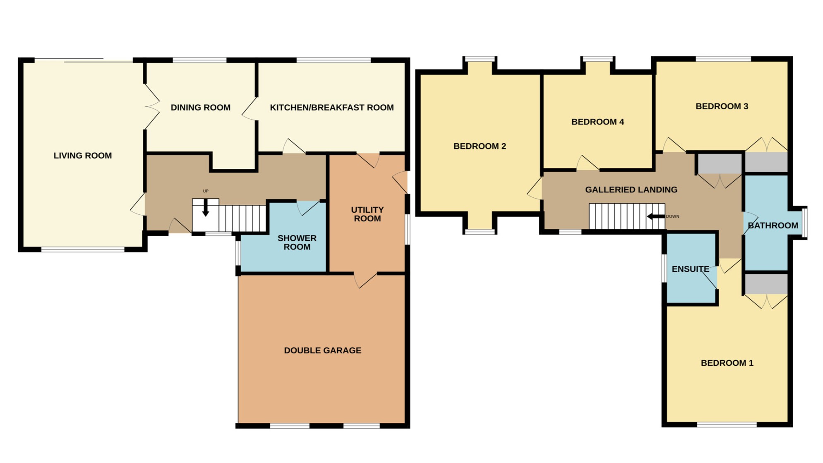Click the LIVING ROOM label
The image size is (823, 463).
pyautogui.click(x=82, y=156)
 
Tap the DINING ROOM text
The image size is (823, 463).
pyautogui.click(x=200, y=108)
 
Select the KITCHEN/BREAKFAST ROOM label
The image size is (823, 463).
pyautogui.click(x=331, y=108)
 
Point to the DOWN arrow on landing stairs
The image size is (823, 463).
pyautogui.click(x=656, y=216)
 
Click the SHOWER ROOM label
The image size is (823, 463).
pyautogui.click(x=297, y=242)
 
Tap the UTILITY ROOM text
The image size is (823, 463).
pyautogui.click(x=367, y=214)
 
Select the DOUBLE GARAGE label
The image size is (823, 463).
pyautogui.click(x=322, y=350)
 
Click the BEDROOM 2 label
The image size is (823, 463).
pyautogui.click(x=480, y=146)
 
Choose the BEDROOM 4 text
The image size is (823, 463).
pyautogui.click(x=597, y=122)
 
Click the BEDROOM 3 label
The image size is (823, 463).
pyautogui.click(x=721, y=106)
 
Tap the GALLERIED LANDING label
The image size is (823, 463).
pyautogui.click(x=631, y=190)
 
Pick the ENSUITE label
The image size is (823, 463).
pyautogui.click(x=690, y=269)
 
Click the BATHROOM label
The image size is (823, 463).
pyautogui.click(x=773, y=226)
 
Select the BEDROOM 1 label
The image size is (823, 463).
pyautogui.click(x=727, y=363)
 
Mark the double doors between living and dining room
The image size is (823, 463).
pyautogui.click(x=151, y=107)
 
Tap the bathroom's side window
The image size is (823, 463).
pyautogui.click(x=804, y=223)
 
